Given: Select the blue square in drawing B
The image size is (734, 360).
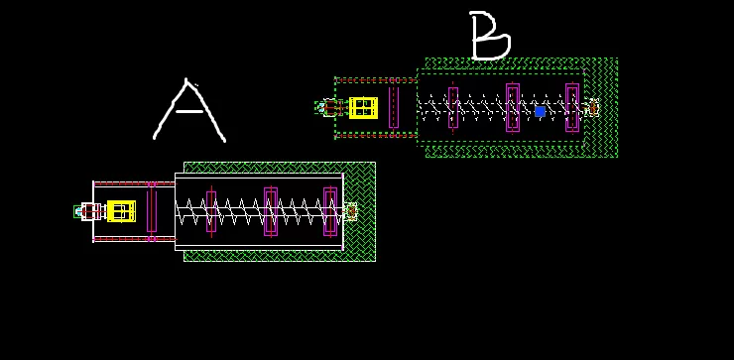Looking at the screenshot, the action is click(x=540, y=111).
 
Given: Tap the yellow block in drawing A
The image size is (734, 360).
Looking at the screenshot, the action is click(x=121, y=210).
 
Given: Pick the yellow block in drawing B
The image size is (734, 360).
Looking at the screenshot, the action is click(x=363, y=108).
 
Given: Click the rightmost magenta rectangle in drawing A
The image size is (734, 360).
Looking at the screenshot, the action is click(x=330, y=211).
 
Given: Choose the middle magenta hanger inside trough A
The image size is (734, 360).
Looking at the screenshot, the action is click(x=271, y=211).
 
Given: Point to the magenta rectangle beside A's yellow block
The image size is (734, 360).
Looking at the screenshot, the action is click(x=151, y=211).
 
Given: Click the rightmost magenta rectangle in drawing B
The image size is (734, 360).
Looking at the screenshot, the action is click(x=572, y=107).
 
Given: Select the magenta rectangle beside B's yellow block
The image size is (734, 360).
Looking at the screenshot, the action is click(x=394, y=107).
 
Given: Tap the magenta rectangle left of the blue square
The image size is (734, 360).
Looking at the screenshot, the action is click(x=513, y=107).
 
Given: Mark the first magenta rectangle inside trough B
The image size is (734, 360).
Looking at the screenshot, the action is click(x=453, y=107).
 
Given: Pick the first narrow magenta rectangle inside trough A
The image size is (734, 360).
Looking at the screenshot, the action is click(x=211, y=211).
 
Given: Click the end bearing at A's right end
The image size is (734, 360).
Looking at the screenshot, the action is click(x=350, y=211).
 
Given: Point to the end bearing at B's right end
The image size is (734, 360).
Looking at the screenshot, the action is click(x=593, y=108).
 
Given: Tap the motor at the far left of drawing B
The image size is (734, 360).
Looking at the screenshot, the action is click(x=328, y=108).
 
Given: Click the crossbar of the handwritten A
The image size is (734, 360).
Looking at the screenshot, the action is click(x=189, y=111).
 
